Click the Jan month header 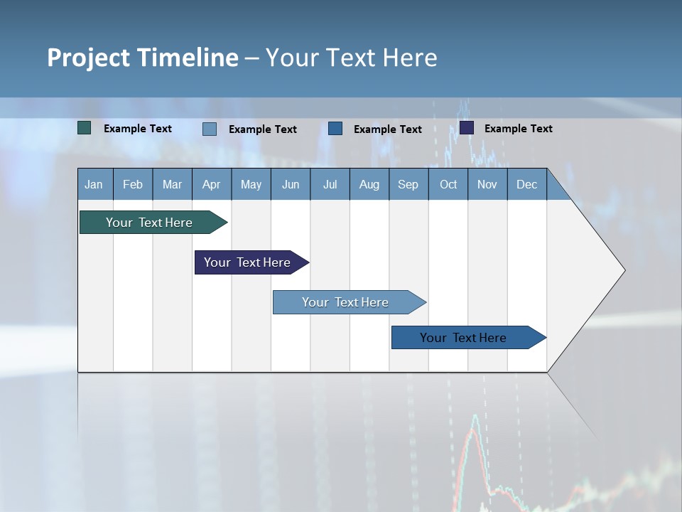click(x=94, y=185)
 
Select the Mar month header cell click(x=172, y=185)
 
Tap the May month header click(x=251, y=185)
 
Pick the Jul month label click(x=330, y=185)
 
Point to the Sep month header click(x=408, y=185)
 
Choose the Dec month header click(x=526, y=185)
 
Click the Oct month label click(x=448, y=185)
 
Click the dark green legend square click(x=85, y=128)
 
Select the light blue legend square click(x=210, y=129)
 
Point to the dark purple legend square click(x=467, y=128)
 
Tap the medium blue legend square click(x=335, y=129)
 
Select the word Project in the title click(x=89, y=58)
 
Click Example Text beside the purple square click(x=518, y=129)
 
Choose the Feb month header click(x=133, y=185)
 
